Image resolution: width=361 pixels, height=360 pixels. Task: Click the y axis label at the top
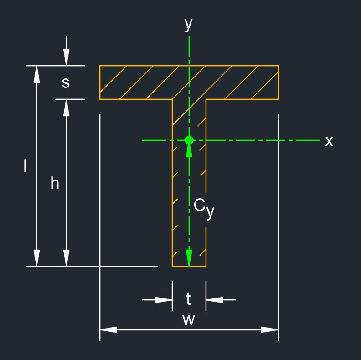tap(188, 24)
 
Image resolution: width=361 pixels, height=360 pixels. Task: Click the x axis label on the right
tap(329, 141)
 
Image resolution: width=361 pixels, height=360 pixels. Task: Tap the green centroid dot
tap(189, 140)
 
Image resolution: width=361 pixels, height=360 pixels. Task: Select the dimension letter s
tap(66, 83)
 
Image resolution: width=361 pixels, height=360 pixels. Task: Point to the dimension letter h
tap(55, 183)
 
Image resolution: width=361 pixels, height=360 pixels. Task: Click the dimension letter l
tap(25, 166)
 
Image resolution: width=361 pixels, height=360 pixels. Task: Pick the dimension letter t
tap(189, 299)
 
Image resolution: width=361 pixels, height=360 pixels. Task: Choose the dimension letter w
tap(189, 320)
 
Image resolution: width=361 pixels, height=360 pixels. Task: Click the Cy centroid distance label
tap(204, 208)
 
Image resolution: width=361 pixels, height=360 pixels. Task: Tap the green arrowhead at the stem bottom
tap(189, 258)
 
